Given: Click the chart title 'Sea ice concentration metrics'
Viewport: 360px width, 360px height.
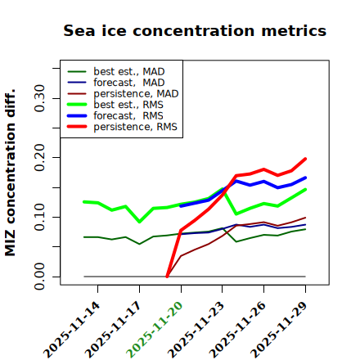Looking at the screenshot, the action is (195, 30).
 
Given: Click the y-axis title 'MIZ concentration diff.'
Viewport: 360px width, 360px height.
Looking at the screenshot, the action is (10, 173).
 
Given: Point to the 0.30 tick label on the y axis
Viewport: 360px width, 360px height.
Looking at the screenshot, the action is (40, 98).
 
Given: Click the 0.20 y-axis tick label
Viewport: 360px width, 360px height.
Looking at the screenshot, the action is (40, 158).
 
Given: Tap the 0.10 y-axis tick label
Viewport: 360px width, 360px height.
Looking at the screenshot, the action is (40, 217).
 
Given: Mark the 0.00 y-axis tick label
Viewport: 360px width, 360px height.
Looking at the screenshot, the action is (40, 277).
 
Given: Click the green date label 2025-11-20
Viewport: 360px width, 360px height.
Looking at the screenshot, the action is (155, 330).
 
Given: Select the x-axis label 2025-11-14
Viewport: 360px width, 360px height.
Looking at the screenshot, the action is (71, 330).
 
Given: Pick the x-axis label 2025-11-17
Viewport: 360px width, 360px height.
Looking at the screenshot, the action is (113, 330).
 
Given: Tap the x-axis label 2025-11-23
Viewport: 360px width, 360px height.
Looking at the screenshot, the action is (196, 330).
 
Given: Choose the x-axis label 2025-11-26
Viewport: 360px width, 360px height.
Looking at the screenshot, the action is (237, 330).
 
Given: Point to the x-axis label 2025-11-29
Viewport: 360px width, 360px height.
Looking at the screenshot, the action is (279, 330).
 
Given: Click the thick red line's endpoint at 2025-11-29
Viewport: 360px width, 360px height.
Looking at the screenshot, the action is (305, 159).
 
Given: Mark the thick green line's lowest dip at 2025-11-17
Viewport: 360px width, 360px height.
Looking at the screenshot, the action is (140, 222).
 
